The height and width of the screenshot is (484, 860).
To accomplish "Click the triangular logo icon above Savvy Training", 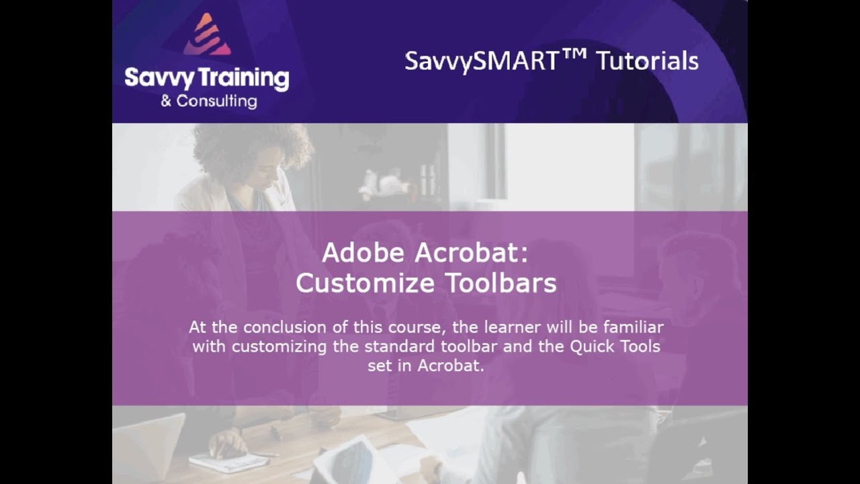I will tap(207, 35).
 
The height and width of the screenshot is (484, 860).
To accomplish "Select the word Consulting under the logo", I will tap(216, 102).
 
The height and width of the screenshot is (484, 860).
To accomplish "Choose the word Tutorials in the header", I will tap(648, 61).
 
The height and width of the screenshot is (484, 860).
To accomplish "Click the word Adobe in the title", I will tap(365, 253).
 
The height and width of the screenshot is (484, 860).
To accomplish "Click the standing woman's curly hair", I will tap(252, 148).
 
